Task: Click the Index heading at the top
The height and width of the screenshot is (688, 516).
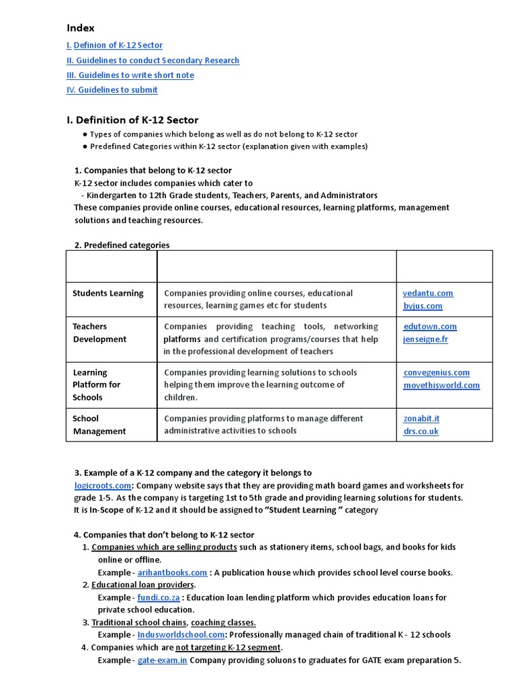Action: [81, 28]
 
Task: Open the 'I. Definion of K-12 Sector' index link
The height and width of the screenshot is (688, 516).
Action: [114, 45]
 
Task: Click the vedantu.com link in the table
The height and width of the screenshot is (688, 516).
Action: [428, 293]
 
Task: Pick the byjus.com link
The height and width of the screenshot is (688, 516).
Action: [423, 306]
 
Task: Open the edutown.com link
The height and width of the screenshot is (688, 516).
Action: [430, 327]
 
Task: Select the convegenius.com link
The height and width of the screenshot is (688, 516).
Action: [437, 372]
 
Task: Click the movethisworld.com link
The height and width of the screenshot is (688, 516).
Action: [441, 385]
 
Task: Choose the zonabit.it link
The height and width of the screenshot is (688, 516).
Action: [421, 418]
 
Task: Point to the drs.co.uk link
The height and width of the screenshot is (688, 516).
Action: [421, 431]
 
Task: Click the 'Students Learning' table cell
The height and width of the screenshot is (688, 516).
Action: [108, 293]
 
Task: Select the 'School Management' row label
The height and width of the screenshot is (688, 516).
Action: [99, 425]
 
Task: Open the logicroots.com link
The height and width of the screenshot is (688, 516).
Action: [103, 485]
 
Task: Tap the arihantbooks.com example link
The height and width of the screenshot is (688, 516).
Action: [173, 572]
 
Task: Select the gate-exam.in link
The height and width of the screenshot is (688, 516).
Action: [163, 660]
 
